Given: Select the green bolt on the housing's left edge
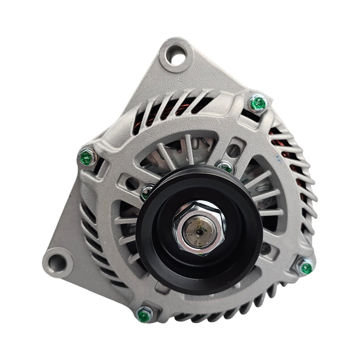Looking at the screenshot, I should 86,157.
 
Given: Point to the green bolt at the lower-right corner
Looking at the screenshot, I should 305,267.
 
